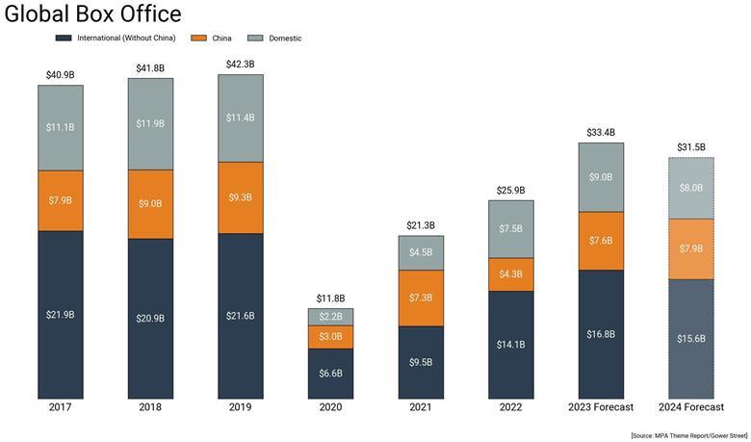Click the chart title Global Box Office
pyautogui.click(x=92, y=14)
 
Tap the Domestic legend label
pyautogui.click(x=284, y=39)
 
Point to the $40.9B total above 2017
pyautogui.click(x=60, y=74)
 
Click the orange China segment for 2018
pyautogui.click(x=150, y=203)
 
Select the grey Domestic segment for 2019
pyautogui.click(x=240, y=117)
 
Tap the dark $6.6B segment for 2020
pyautogui.click(x=330, y=373)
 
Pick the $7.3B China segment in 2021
pyautogui.click(x=421, y=298)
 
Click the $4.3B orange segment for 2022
pyautogui.click(x=510, y=273)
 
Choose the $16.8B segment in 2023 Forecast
pyautogui.click(x=601, y=333)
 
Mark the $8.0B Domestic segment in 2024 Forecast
pyautogui.click(x=691, y=188)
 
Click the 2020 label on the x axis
pyautogui.click(x=330, y=407)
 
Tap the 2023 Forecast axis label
pyautogui.click(x=601, y=407)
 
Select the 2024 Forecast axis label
pyautogui.click(x=691, y=407)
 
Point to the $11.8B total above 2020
pyautogui.click(x=330, y=299)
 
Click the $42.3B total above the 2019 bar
pyautogui.click(x=240, y=65)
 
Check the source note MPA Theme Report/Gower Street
pyautogui.click(x=688, y=435)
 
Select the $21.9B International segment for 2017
pyautogui.click(x=60, y=314)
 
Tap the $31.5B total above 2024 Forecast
pyautogui.click(x=691, y=147)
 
